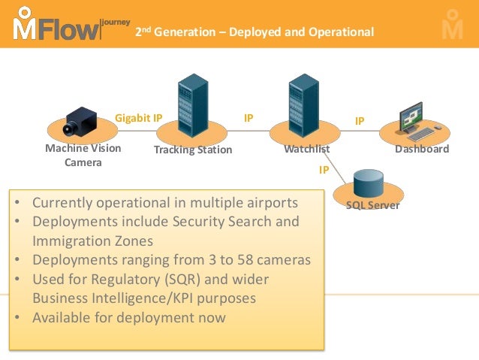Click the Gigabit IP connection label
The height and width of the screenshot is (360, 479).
pyautogui.click(x=138, y=118)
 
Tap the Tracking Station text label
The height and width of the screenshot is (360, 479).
pyautogui.click(x=193, y=150)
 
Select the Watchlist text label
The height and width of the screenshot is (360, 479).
pyautogui.click(x=306, y=149)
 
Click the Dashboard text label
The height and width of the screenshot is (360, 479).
pyautogui.click(x=422, y=149)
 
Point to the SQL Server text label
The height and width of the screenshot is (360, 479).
pyautogui.click(x=372, y=205)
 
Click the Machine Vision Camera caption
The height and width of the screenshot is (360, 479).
pyautogui.click(x=83, y=155)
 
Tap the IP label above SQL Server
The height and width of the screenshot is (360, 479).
pyautogui.click(x=324, y=170)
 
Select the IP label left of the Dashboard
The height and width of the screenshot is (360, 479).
pyautogui.click(x=360, y=120)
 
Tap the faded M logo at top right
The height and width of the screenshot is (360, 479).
pyautogui.click(x=452, y=24)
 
